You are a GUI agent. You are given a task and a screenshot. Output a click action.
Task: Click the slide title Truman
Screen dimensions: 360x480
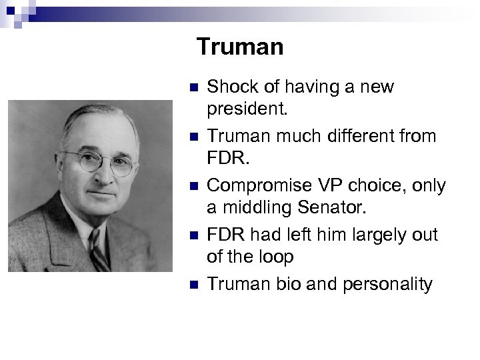(x=240, y=47)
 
